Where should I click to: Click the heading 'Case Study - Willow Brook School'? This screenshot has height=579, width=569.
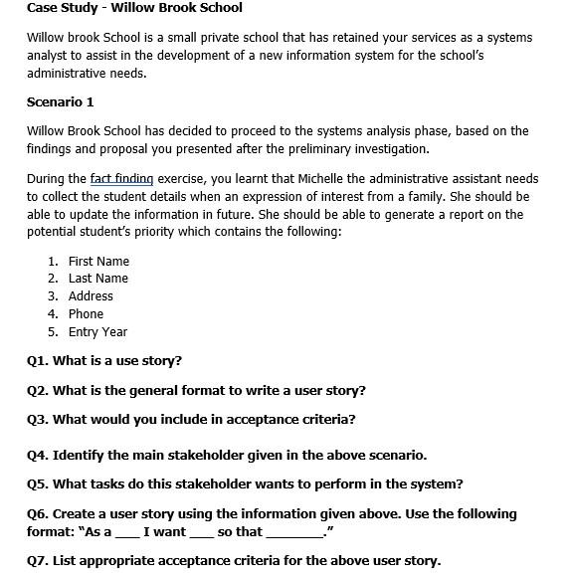click(134, 8)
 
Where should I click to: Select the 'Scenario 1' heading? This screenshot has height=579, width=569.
click(61, 101)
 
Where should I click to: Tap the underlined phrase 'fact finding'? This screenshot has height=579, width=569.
click(121, 179)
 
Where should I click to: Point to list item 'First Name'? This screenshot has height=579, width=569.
click(98, 261)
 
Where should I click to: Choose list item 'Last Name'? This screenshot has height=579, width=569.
click(98, 279)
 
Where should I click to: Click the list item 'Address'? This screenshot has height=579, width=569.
click(91, 296)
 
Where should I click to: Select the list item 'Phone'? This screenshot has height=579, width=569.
click(86, 314)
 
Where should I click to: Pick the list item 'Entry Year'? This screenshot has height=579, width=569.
click(97, 332)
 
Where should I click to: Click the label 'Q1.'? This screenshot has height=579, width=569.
click(38, 361)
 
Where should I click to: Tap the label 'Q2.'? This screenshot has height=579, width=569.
click(38, 391)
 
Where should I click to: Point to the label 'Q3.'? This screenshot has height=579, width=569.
click(38, 420)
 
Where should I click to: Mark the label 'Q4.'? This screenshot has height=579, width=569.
click(38, 456)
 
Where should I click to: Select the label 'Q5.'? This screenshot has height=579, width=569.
click(38, 484)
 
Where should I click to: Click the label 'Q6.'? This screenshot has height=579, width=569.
click(38, 514)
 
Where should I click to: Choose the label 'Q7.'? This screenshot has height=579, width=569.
click(38, 561)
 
